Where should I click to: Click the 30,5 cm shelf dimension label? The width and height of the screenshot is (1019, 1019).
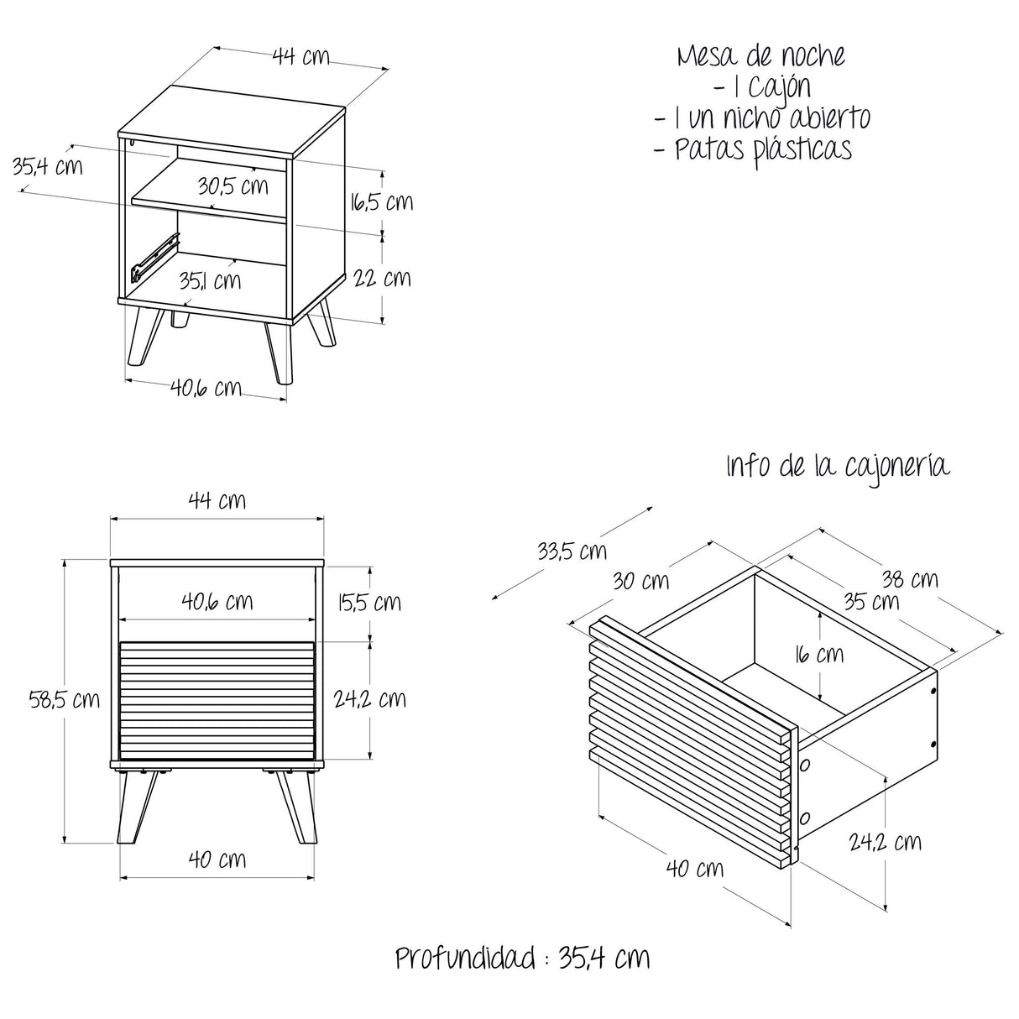(x=233, y=186)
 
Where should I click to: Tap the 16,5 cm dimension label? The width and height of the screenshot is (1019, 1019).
(x=381, y=201)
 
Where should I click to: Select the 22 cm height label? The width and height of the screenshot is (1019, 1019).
(x=382, y=278)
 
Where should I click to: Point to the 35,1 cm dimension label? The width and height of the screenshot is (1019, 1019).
(x=210, y=280)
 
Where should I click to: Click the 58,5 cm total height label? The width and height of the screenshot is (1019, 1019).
(x=65, y=699)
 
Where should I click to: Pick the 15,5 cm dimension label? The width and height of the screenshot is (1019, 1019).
(x=369, y=602)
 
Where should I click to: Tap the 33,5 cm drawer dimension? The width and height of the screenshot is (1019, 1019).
(x=572, y=551)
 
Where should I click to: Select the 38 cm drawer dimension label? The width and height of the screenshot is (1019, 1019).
(x=910, y=579)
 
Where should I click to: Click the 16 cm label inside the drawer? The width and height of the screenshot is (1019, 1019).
(x=819, y=655)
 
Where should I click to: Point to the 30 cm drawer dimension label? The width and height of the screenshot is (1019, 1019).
(x=641, y=581)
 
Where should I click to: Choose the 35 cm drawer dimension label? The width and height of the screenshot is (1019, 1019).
(x=871, y=601)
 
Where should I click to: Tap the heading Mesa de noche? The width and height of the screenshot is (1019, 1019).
(x=761, y=56)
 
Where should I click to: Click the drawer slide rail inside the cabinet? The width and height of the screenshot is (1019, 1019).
(x=155, y=257)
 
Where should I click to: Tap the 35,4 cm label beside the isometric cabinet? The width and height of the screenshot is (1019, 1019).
(x=48, y=166)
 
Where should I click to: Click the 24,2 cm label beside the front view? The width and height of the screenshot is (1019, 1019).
(x=369, y=699)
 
